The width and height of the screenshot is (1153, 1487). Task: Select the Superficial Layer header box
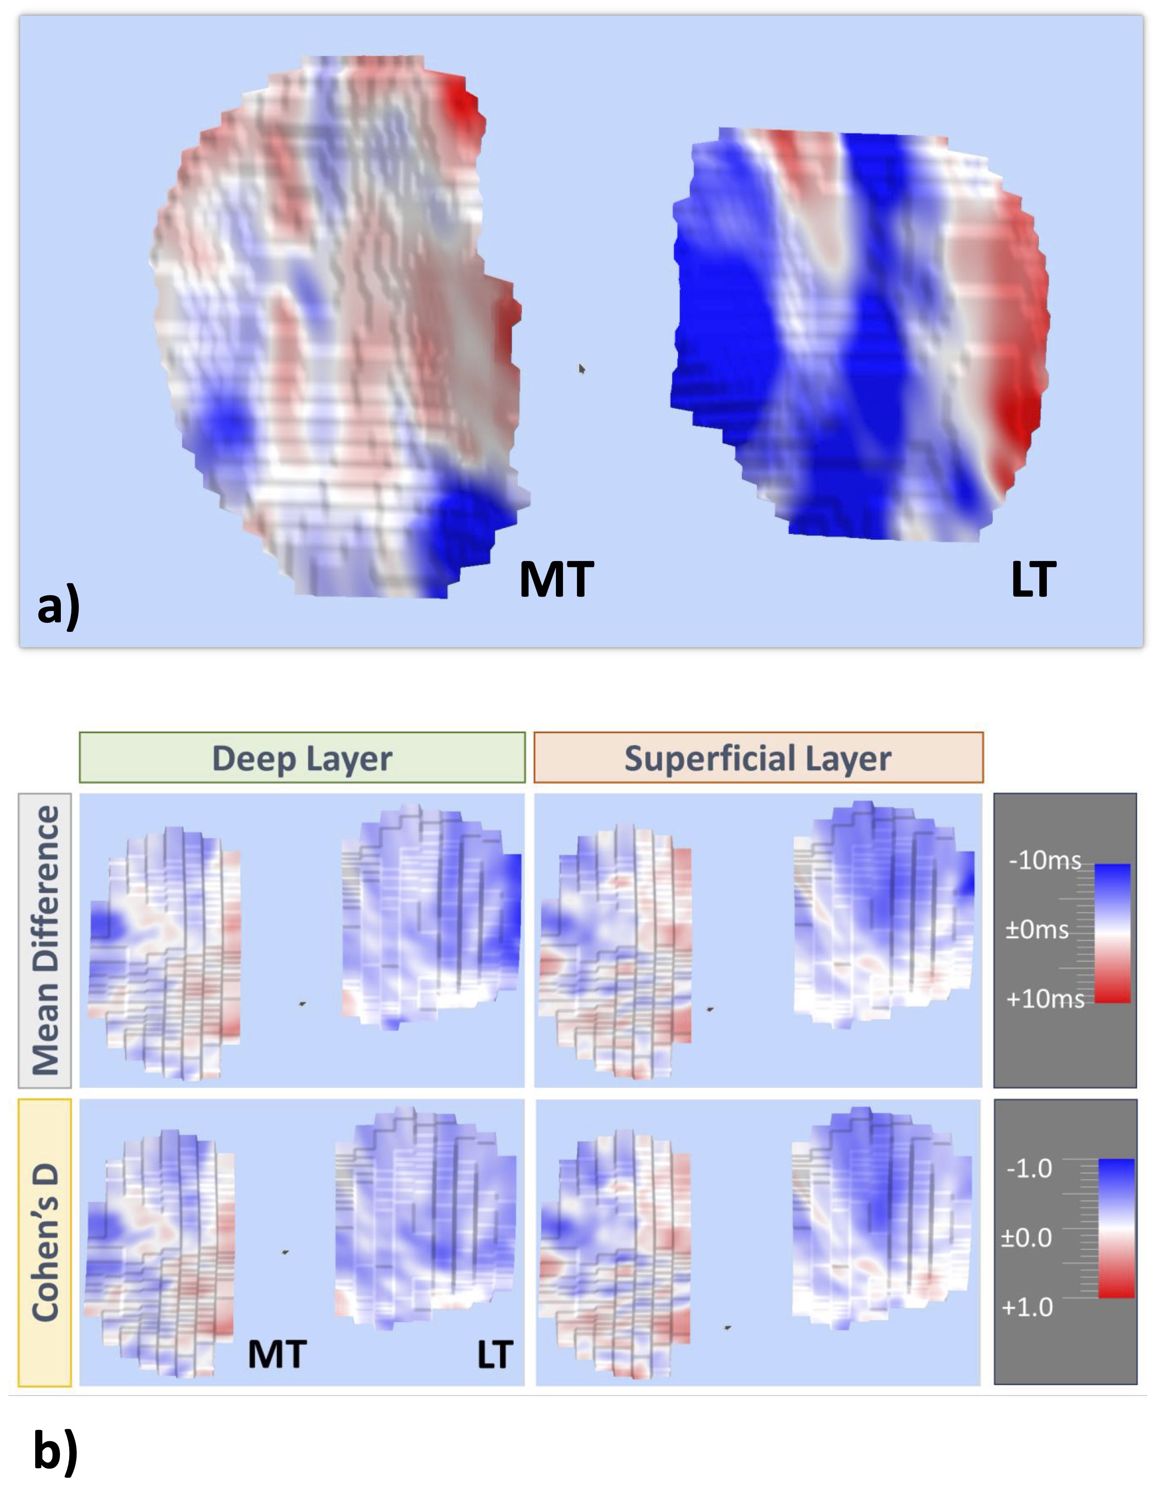coord(758,758)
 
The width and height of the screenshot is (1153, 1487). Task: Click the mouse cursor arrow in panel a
coord(582,368)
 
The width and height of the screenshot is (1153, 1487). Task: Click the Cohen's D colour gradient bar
coord(1116,1228)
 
